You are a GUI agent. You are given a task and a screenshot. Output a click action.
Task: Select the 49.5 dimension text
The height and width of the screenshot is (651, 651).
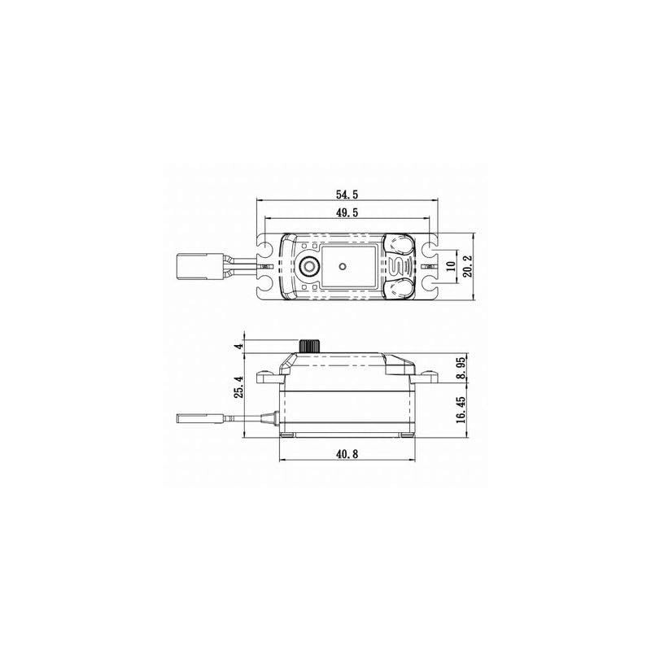(346, 213)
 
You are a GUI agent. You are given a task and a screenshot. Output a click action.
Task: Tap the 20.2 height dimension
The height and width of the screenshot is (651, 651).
(466, 265)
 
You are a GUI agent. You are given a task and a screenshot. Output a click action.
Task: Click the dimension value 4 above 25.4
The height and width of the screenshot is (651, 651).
(238, 345)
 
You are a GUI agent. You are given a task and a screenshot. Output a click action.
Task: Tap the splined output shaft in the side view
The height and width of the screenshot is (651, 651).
(310, 345)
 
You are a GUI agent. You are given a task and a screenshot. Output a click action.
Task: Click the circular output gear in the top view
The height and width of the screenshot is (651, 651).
(309, 266)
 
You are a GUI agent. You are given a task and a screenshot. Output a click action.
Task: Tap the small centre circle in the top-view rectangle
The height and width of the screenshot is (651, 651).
(343, 265)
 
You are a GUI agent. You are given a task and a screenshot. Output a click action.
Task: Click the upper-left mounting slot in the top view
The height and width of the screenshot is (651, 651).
(265, 245)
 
